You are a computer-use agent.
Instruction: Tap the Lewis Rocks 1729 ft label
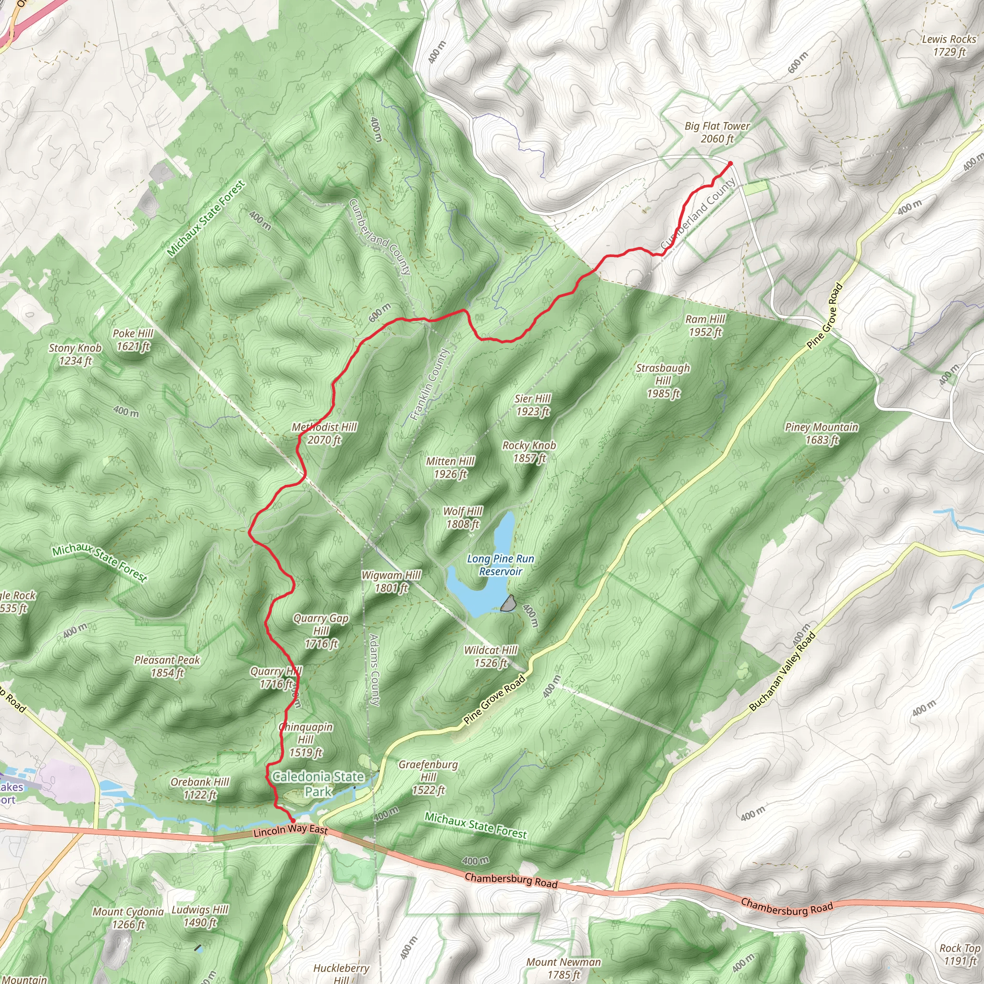pyautogui.click(x=949, y=45)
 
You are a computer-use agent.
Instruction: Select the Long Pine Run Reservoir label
pyautogui.click(x=500, y=565)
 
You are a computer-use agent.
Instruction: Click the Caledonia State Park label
pyautogui.click(x=319, y=784)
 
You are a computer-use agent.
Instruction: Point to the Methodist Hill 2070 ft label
pyautogui.click(x=324, y=433)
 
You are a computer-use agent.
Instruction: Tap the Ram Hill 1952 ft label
pyautogui.click(x=705, y=325)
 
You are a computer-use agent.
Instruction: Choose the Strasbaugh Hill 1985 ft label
pyautogui.click(x=663, y=381)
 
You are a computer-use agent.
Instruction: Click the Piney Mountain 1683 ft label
pyautogui.click(x=821, y=433)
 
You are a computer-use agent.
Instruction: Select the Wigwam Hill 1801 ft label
pyautogui.click(x=391, y=582)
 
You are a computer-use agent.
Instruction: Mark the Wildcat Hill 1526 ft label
pyautogui.click(x=491, y=656)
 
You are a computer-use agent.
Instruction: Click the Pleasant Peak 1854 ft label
pyautogui.click(x=167, y=666)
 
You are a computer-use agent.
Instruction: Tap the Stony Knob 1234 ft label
pyautogui.click(x=75, y=354)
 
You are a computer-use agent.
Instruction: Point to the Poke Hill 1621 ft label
pyautogui.click(x=133, y=340)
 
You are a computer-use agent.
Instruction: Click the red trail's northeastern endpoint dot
pyautogui.click(x=730, y=163)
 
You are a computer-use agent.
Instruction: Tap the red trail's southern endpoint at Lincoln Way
pyautogui.click(x=292, y=820)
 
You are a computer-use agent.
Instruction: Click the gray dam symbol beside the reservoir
pyautogui.click(x=508, y=604)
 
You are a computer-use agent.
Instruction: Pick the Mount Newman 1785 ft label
pyautogui.click(x=563, y=968)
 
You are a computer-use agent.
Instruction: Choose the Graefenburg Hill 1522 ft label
pyautogui.click(x=428, y=777)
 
